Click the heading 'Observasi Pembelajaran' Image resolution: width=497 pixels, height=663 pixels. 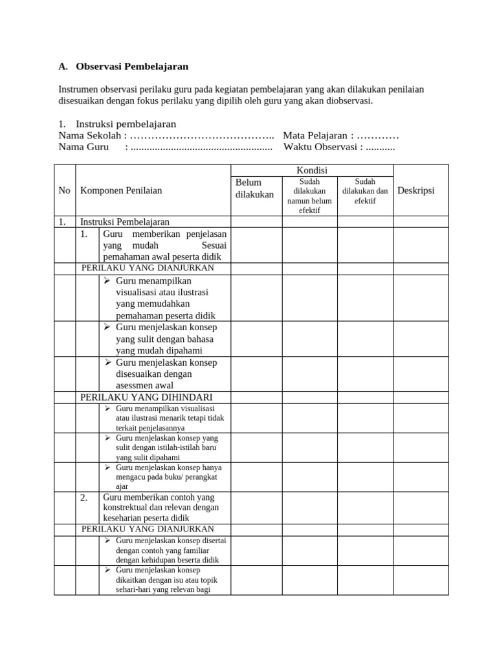pos(132,66)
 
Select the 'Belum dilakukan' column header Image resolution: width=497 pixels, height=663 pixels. pos(254,188)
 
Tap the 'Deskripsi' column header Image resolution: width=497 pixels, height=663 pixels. pos(416,190)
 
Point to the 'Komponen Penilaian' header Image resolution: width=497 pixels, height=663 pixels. pos(121,190)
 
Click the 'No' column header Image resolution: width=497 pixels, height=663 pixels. pos(64,190)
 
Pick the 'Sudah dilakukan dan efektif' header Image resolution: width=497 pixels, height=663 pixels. pos(365,191)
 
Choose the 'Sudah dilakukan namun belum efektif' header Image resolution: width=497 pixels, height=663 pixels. pos(309,196)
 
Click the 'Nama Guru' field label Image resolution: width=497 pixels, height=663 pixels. pos(83,147)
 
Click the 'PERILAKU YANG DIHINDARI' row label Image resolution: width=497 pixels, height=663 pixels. pos(146,397)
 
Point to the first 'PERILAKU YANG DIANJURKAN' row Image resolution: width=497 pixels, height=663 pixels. pos(148,268)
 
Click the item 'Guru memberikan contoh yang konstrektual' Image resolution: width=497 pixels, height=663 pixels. pos(160,507)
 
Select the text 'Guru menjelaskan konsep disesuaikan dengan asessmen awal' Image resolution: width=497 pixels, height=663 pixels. pos(166,374)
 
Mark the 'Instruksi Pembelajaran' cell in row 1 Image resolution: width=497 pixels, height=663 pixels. pos(124,221)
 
